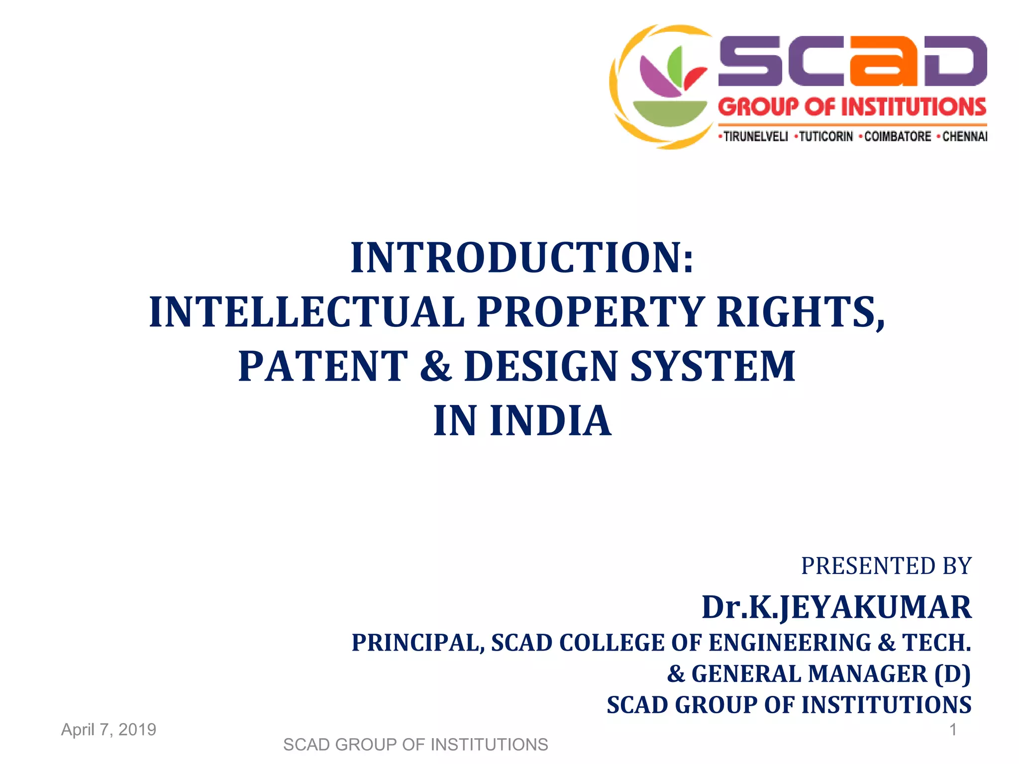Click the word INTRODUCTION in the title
coord(517,258)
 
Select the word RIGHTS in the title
coord(800,312)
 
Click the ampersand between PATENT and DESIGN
coord(436,366)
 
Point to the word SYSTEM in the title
coord(713,366)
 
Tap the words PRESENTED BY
coord(886,566)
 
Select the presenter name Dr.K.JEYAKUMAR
coord(836,607)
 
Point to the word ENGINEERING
coord(790,643)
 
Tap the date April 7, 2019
coord(108,730)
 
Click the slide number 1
coord(953,730)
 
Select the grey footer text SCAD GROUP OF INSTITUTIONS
coord(415,745)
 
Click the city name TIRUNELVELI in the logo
coord(755,136)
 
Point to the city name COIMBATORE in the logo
coord(897,136)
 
